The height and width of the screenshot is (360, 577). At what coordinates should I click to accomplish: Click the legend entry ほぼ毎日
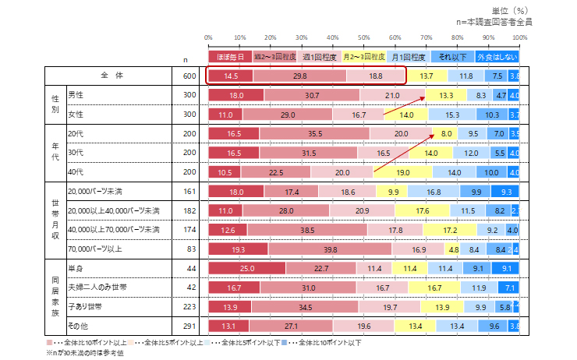230,57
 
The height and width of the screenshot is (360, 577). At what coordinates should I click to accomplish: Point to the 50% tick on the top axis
364,37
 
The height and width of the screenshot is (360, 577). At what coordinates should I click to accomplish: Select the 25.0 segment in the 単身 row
247,269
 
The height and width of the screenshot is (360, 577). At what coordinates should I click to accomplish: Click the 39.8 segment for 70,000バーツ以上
330,249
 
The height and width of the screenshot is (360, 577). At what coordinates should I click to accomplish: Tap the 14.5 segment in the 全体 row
231,76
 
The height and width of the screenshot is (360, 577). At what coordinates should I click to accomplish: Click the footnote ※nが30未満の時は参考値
90,351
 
